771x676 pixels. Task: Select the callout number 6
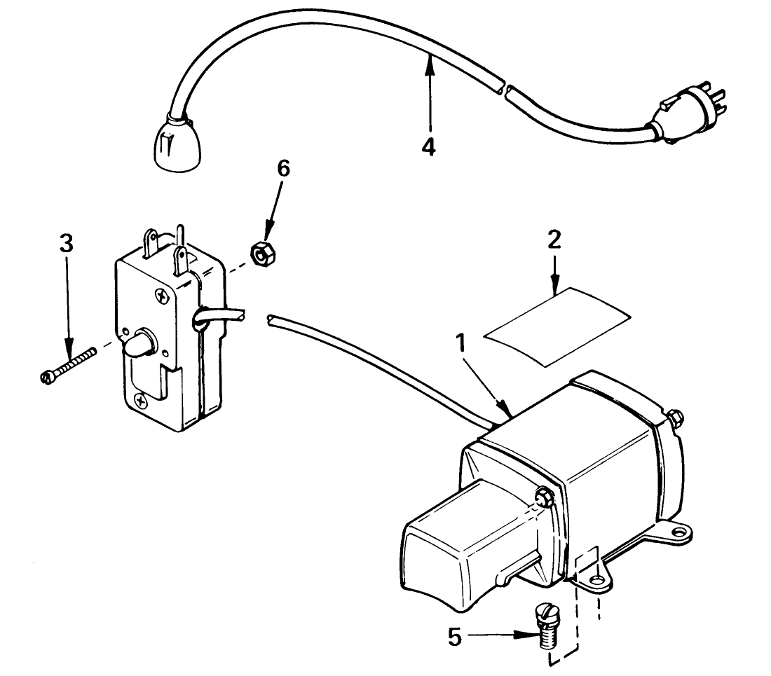283,169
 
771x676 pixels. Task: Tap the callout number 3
65,244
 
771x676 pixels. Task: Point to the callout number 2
554,240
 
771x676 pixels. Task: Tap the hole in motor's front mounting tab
595,581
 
